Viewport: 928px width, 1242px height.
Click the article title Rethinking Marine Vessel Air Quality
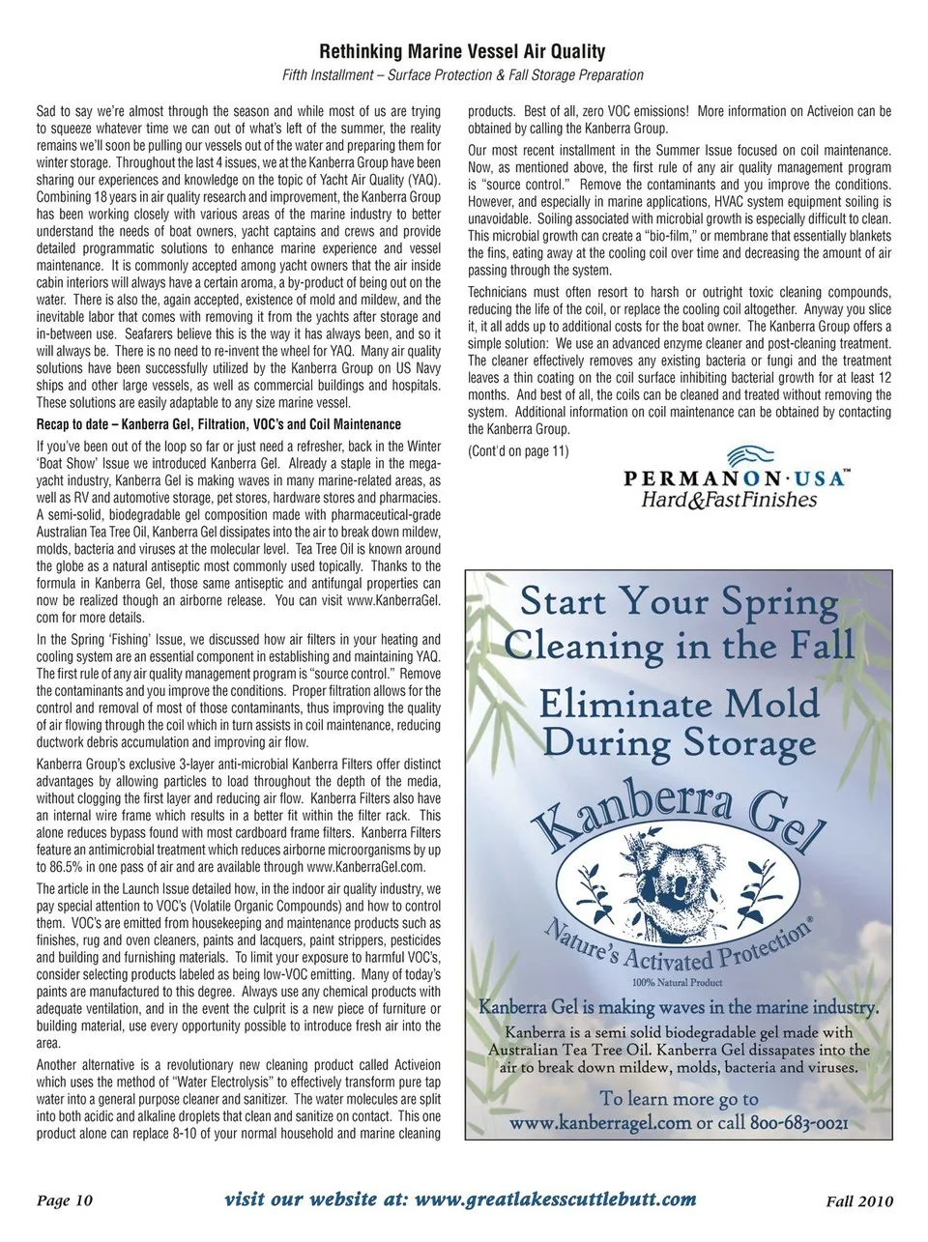(462, 51)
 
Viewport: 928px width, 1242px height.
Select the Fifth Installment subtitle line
(462, 75)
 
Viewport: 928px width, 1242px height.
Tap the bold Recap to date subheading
(218, 424)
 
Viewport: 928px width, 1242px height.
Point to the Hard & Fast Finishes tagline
(730, 500)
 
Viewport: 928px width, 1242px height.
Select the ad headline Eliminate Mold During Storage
(679, 723)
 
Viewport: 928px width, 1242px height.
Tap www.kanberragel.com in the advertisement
(600, 1123)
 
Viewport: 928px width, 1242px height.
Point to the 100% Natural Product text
(679, 983)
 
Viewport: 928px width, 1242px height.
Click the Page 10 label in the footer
(65, 1200)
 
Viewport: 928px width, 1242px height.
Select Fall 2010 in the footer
(859, 1201)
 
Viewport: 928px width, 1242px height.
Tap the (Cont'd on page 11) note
(518, 451)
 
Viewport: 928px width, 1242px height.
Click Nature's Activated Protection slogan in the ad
(679, 951)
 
